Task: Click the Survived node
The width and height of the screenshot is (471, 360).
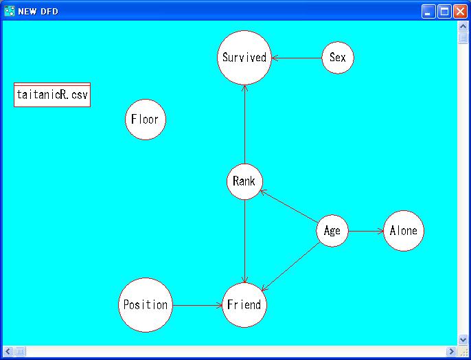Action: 244,58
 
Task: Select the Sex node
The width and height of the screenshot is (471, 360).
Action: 337,58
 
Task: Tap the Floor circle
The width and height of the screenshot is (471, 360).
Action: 145,120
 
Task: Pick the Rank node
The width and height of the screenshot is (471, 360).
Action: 244,181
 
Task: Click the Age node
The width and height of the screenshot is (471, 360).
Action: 332,231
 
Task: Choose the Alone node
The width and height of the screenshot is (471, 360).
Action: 403,231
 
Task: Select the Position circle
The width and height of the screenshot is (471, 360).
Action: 145,305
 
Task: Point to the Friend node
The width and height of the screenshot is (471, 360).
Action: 244,305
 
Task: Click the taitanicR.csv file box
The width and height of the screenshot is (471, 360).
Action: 52,95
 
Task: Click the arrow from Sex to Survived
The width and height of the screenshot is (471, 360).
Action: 296,58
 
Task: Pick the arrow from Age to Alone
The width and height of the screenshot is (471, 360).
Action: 365,231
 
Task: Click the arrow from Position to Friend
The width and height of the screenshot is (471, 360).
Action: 197,305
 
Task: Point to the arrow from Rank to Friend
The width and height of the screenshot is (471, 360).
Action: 244,240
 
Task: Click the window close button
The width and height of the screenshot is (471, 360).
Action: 459,11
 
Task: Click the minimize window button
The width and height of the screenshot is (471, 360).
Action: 428,11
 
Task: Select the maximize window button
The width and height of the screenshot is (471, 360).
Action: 444,11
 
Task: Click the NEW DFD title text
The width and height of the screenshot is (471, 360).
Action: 38,11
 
